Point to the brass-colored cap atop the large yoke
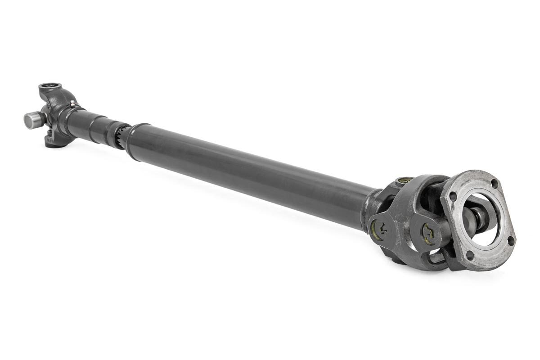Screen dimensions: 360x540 click(404, 181)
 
